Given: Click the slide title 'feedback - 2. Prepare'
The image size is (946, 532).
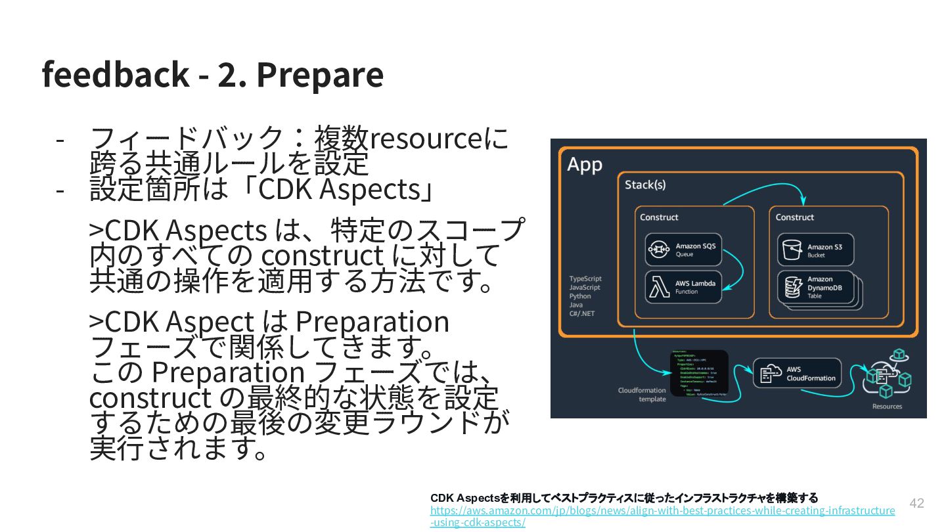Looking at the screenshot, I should tap(212, 74).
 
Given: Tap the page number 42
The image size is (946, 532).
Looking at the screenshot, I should tap(916, 503).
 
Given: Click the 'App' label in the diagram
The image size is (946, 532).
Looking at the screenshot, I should tap(584, 164).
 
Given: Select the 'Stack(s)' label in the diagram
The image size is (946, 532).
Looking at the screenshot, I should tap(644, 185).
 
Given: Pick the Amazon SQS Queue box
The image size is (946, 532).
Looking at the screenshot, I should tap(683, 250).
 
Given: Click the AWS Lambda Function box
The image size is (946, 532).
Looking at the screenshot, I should tap(683, 287).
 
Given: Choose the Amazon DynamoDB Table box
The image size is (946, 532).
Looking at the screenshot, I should tap(815, 288).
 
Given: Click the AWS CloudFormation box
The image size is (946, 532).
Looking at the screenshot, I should tap(796, 373).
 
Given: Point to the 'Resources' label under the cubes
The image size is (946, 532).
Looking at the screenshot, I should tap(887, 407).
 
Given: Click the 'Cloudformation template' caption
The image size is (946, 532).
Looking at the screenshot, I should tap(642, 395).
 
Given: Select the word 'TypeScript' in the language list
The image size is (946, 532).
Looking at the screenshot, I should tap(585, 278).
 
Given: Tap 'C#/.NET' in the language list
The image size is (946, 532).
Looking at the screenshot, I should tap(581, 314).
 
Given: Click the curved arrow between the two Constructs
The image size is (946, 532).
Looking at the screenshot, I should tap(765, 190).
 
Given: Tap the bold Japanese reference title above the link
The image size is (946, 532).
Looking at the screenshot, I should tap(623, 498).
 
